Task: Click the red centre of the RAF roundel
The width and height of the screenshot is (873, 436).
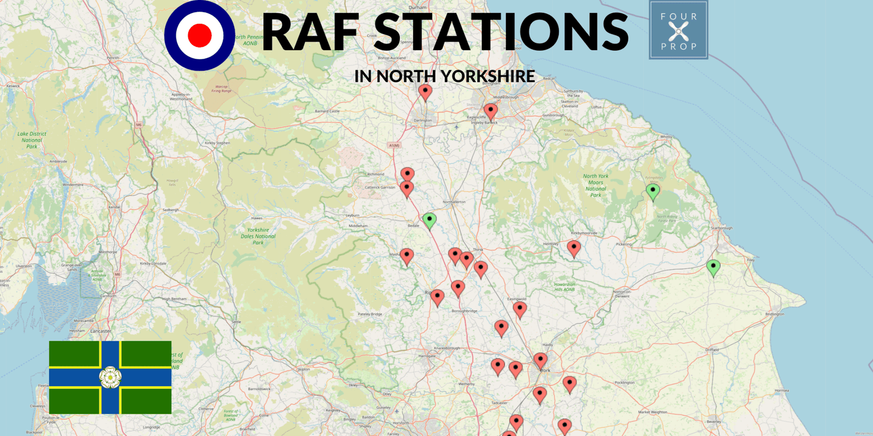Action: pyautogui.click(x=199, y=35)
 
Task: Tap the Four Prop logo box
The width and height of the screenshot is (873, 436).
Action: pyautogui.click(x=678, y=31)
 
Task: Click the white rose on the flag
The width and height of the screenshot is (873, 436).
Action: pyautogui.click(x=110, y=377)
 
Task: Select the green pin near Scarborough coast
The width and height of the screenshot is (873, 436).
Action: pyautogui.click(x=713, y=267)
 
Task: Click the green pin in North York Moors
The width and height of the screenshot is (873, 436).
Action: pyautogui.click(x=653, y=191)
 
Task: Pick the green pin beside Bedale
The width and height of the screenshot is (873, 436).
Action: pyautogui.click(x=429, y=220)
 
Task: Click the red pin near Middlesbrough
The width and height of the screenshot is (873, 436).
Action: pyautogui.click(x=491, y=111)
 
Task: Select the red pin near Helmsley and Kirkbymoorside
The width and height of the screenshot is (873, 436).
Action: pyautogui.click(x=573, y=247)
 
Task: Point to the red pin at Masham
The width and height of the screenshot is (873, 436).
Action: pyautogui.click(x=406, y=255)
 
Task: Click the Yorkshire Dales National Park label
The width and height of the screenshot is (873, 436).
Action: pyautogui.click(x=258, y=236)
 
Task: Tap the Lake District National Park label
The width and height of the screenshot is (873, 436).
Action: pyautogui.click(x=32, y=140)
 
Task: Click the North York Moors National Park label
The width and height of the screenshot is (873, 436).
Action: pyautogui.click(x=595, y=185)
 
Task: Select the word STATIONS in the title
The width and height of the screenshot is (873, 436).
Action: pyautogui.click(x=501, y=33)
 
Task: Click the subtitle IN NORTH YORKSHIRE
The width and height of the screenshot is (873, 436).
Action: pyautogui.click(x=444, y=76)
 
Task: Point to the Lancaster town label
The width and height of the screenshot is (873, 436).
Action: pyautogui.click(x=100, y=331)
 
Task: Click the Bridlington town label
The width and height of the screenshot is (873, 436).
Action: pyautogui.click(x=774, y=314)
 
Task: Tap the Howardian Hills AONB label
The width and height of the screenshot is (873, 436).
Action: pyautogui.click(x=564, y=287)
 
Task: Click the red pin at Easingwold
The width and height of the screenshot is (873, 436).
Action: pyautogui.click(x=520, y=308)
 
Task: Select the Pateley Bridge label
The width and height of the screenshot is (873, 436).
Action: pyautogui.click(x=369, y=314)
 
